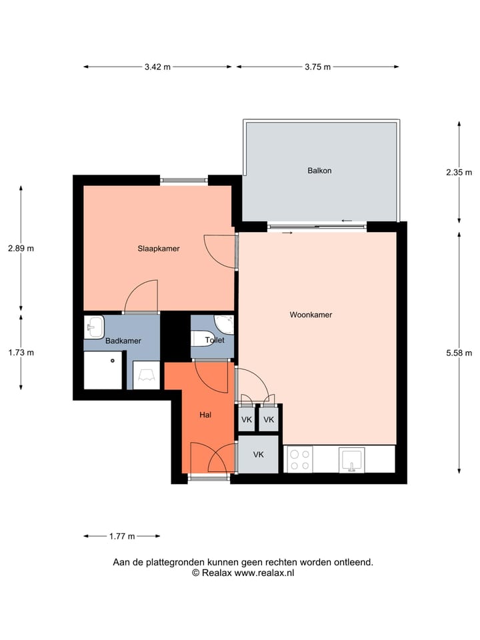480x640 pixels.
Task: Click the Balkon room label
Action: [319, 171]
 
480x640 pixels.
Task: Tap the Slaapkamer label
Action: [159, 249]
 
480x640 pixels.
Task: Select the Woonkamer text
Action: [311, 315]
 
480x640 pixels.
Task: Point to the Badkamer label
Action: [123, 341]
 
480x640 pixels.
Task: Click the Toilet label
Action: [215, 340]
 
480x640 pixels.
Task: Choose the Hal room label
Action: [205, 415]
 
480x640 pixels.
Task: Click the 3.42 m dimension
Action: [157, 67]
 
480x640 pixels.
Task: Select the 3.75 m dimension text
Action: [317, 67]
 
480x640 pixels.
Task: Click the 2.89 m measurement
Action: [21, 249]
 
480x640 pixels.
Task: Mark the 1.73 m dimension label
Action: [21, 353]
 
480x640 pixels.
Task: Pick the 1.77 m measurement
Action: [121, 536]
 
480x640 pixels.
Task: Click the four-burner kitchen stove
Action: [299, 459]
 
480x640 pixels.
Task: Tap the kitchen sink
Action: [351, 459]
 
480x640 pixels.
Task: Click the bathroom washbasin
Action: [94, 327]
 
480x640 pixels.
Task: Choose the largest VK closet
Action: [258, 454]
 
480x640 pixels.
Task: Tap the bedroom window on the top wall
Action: [184, 180]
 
